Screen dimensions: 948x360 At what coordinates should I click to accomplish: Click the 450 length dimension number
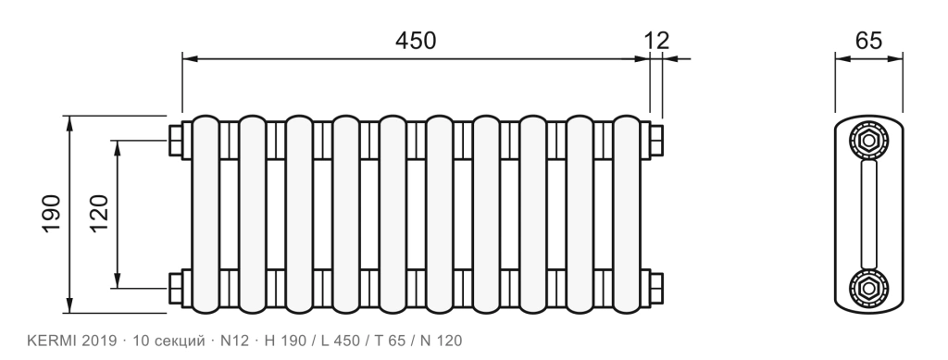click(416, 41)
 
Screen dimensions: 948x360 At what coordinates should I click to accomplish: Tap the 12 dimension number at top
click(656, 41)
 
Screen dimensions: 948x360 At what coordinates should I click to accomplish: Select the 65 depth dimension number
click(868, 41)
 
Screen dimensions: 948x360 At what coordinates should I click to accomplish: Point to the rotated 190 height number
click(52, 213)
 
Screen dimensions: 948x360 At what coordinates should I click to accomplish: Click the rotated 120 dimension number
click(98, 213)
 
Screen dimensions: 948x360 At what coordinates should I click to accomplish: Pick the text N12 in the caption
click(234, 341)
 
